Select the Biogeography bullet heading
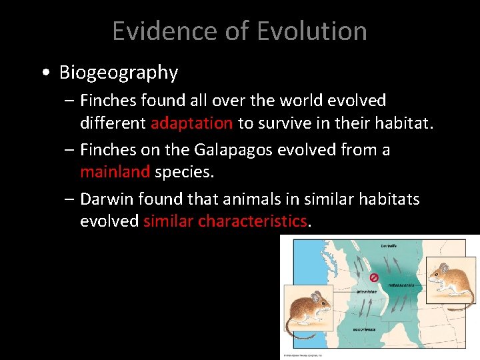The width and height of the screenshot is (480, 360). [x=119, y=72]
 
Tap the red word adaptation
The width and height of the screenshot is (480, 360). [x=191, y=123]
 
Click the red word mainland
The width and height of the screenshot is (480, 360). [x=115, y=171]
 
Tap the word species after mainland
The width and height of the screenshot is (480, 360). [x=184, y=171]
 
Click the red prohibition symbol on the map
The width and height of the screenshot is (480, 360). [x=374, y=277]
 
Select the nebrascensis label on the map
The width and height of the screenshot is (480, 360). [x=400, y=284]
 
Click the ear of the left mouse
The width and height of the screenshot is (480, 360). [x=316, y=296]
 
